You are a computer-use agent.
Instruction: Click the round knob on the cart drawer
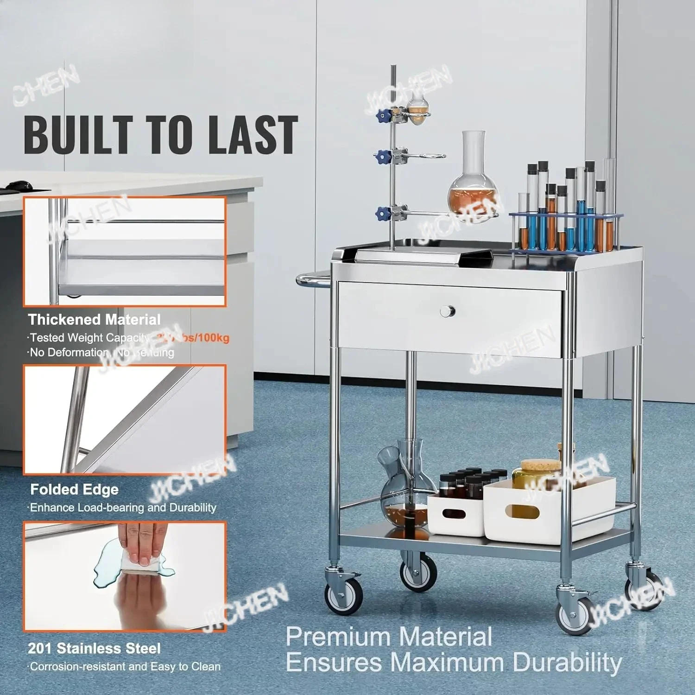coord(447,311)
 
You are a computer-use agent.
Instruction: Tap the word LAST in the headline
coord(252,135)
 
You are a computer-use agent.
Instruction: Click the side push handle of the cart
coord(312,280)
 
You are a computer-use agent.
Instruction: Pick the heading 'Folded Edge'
coord(74,489)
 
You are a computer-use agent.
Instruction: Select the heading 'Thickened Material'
coord(94,320)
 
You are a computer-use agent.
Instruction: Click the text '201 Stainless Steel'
coord(94,648)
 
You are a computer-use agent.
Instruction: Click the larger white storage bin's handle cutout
coord(522,512)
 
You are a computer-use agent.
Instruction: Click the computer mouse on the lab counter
coord(19,186)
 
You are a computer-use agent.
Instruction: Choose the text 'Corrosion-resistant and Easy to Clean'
coord(125,667)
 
